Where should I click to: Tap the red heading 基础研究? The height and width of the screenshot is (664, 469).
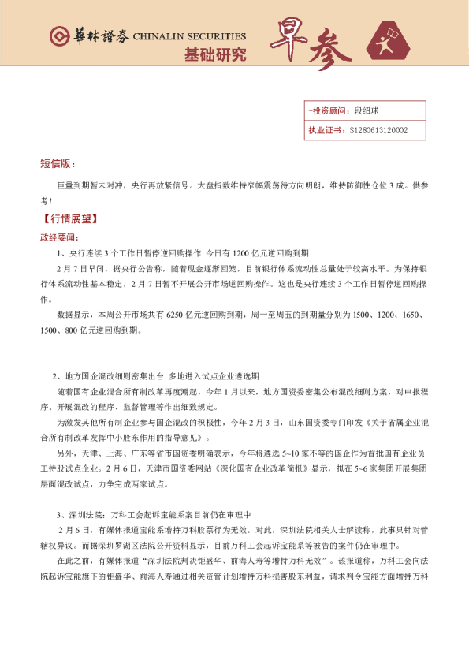click(214, 55)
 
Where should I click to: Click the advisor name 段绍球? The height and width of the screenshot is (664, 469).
click(367, 111)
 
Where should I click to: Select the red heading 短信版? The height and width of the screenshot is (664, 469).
click(57, 164)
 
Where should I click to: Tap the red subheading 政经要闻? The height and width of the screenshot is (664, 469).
click(59, 237)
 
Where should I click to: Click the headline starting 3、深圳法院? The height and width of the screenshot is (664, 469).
click(151, 513)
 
